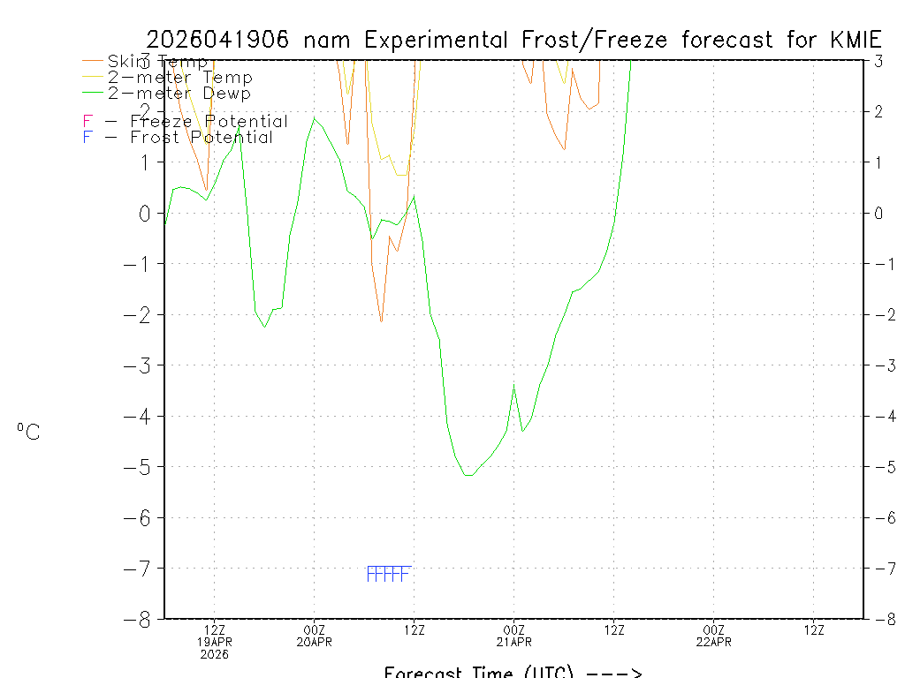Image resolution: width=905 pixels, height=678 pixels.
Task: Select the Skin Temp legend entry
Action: tap(157, 62)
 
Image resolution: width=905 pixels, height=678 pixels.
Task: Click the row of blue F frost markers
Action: tap(388, 575)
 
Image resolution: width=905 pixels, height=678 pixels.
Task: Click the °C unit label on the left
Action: tap(28, 432)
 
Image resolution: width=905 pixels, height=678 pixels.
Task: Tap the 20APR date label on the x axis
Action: tap(315, 642)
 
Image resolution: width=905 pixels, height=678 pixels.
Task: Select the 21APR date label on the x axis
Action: tap(514, 642)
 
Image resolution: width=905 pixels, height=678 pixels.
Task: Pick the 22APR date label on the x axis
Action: tap(714, 642)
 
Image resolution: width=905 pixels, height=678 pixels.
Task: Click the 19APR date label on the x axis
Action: tap(215, 642)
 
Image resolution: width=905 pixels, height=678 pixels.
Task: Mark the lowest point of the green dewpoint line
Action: tap(468, 476)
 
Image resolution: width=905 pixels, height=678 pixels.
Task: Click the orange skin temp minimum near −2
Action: tap(381, 321)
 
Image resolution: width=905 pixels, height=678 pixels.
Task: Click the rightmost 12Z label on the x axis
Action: tap(814, 629)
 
